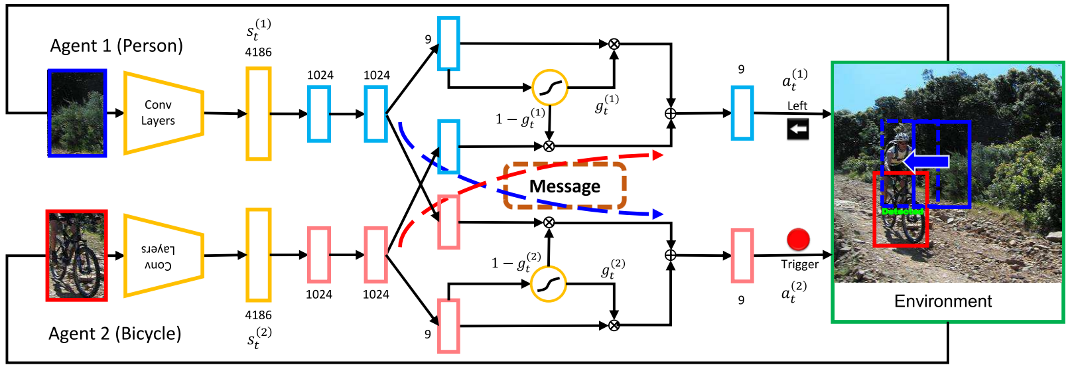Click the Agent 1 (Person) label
[x=116, y=46]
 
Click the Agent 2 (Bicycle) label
[x=115, y=333]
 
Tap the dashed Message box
[x=565, y=186]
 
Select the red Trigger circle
[x=798, y=239]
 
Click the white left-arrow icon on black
[x=798, y=129]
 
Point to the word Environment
[x=943, y=301]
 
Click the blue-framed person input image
[x=77, y=113]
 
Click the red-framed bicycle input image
[x=76, y=256]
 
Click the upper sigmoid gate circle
[x=550, y=87]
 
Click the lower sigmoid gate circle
[x=549, y=284]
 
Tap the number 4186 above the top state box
[x=258, y=52]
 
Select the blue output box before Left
[x=742, y=113]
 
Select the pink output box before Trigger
[x=742, y=256]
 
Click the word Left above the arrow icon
[x=797, y=106]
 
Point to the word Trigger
[x=799, y=264]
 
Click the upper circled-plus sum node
[x=671, y=113]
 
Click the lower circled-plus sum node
[x=671, y=256]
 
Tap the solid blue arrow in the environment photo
[x=927, y=161]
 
